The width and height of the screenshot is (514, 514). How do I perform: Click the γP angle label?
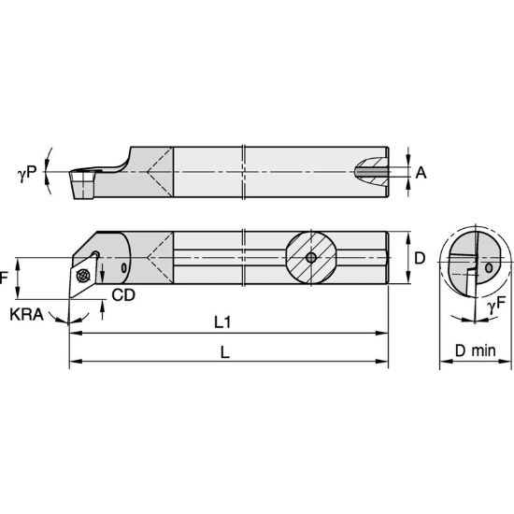click(27, 174)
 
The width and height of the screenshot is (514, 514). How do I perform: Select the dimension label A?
click(421, 173)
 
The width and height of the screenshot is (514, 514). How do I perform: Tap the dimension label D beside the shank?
click(420, 258)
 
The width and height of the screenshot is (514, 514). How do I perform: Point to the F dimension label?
click(4, 278)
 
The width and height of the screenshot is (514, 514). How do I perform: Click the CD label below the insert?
click(123, 295)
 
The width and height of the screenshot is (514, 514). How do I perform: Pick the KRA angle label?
click(26, 315)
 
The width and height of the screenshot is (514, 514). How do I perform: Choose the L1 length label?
click(222, 322)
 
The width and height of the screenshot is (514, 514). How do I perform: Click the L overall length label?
click(225, 352)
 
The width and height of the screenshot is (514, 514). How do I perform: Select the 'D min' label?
click(476, 350)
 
